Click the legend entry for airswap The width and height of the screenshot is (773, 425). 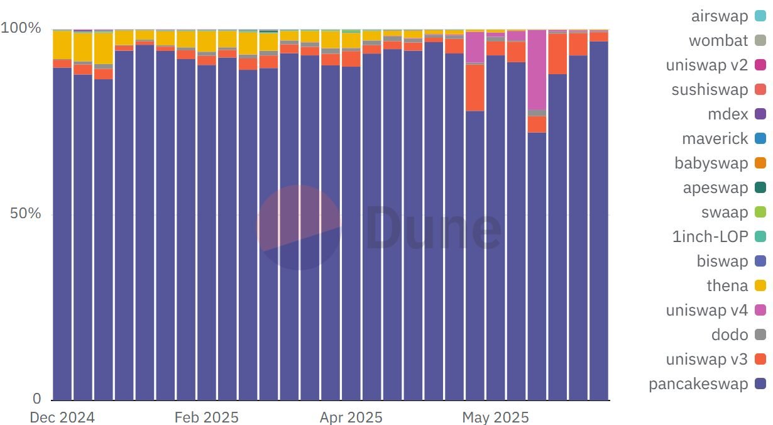[720, 16]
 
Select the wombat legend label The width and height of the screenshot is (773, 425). [718, 41]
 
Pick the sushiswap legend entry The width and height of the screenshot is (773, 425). [710, 90]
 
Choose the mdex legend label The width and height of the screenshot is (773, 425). [728, 114]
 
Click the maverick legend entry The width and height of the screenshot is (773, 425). [715, 139]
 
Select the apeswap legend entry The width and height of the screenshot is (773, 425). [715, 188]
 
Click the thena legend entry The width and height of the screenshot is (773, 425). [727, 286]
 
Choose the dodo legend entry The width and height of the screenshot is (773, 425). [730, 335]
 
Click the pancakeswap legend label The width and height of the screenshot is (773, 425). [698, 384]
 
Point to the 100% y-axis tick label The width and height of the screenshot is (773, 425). [21, 29]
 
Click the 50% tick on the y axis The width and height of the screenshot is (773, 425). [25, 214]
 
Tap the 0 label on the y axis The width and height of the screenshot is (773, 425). [36, 399]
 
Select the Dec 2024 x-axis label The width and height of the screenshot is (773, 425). [62, 417]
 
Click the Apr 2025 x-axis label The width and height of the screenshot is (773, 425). [351, 417]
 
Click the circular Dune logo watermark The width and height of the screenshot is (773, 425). [299, 228]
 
